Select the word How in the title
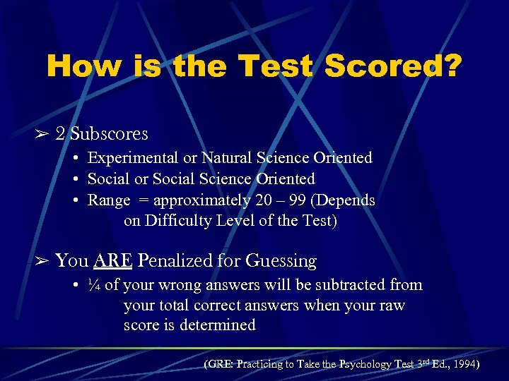pos(83,67)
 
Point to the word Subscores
pos(109,134)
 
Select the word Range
pos(109,200)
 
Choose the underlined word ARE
pos(112,261)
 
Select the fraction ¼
pos(95,285)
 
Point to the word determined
pos(219,325)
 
